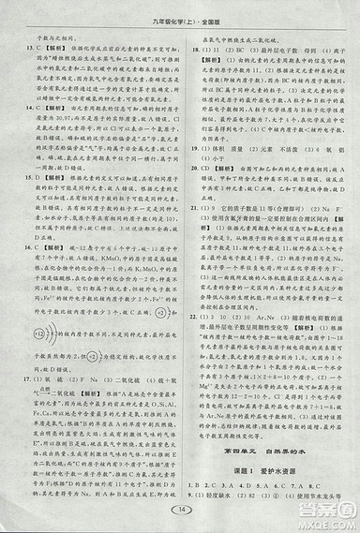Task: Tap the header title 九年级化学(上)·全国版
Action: pos(179,15)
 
